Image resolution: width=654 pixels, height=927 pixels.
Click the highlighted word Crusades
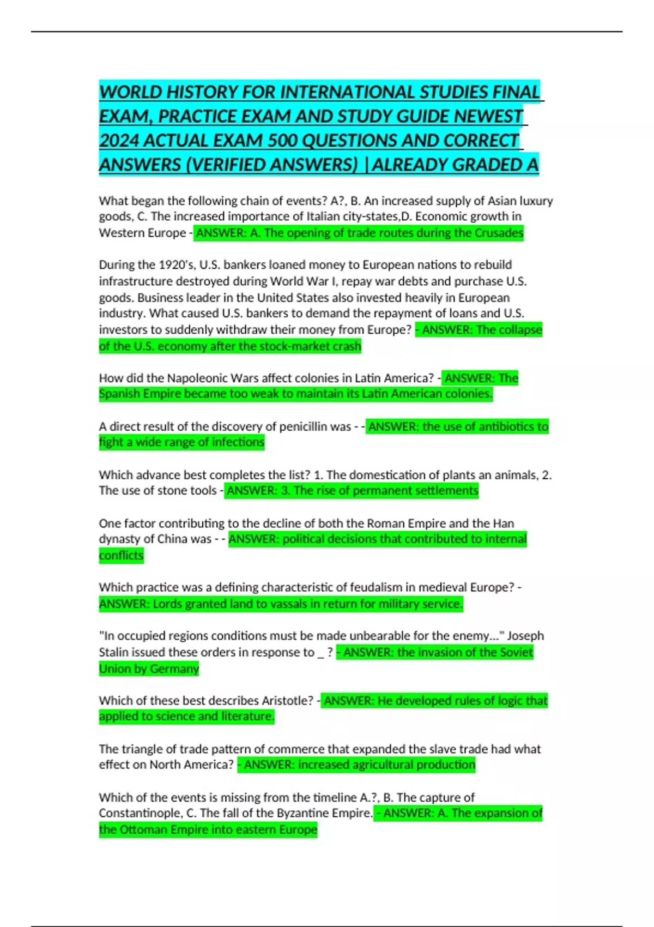tap(499, 233)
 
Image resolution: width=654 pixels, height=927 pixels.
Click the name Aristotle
tap(287, 701)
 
